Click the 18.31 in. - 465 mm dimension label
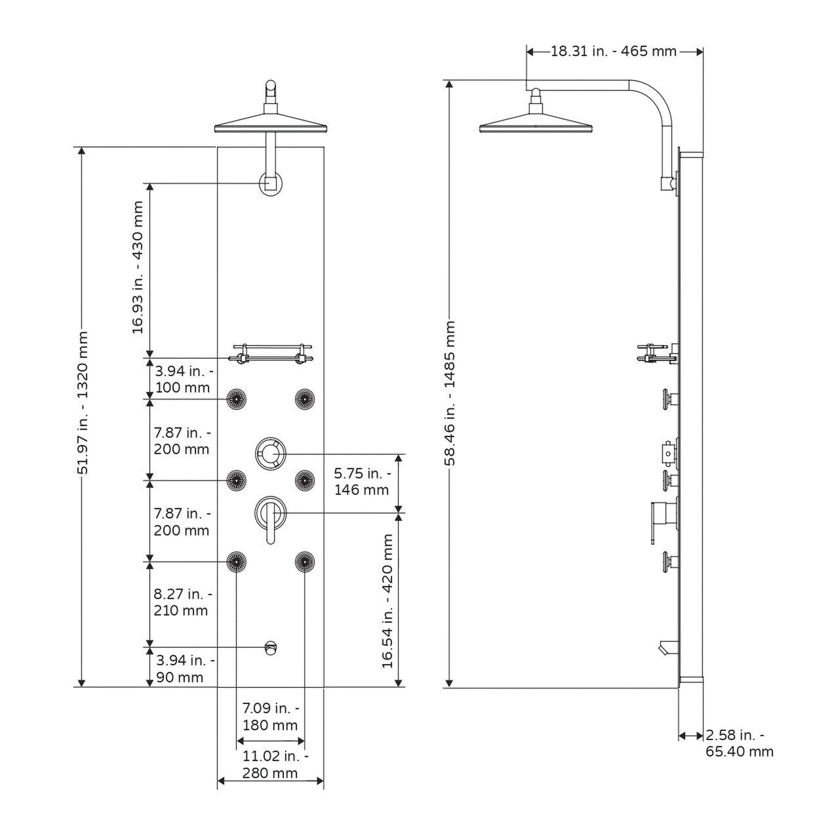point(614,51)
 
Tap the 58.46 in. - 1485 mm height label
point(450,393)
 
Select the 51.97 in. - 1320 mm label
point(82,403)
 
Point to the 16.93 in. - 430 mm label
point(137,267)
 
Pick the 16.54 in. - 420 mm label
point(387,602)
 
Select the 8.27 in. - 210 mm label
point(183,602)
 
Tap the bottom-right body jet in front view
point(305,561)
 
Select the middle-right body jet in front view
point(305,479)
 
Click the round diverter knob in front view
point(270,453)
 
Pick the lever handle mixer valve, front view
point(270,519)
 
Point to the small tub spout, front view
point(271,648)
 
